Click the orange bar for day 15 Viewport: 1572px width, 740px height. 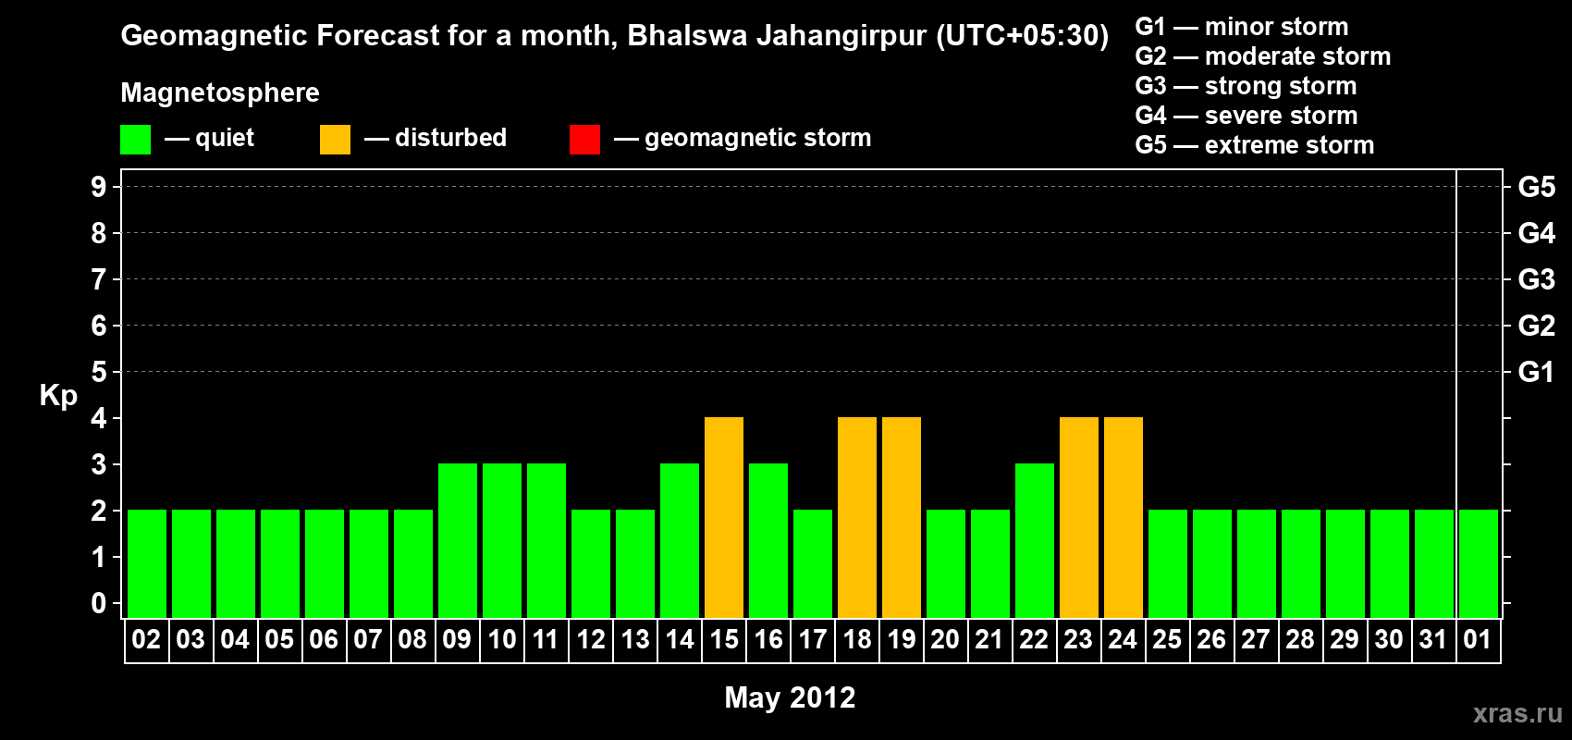click(x=724, y=517)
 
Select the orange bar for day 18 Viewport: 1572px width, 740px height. click(x=857, y=517)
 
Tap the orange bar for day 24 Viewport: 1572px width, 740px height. click(x=1124, y=517)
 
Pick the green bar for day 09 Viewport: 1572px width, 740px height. click(x=458, y=540)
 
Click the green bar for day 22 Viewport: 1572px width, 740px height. click(x=1035, y=540)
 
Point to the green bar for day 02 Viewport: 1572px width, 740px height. click(x=147, y=563)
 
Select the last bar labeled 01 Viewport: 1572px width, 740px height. click(x=1479, y=563)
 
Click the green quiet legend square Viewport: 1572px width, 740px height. click(x=135, y=140)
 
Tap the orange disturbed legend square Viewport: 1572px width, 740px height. click(x=335, y=140)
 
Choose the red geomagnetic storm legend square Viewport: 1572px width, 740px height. click(x=584, y=140)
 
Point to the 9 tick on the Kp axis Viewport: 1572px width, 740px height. click(x=99, y=187)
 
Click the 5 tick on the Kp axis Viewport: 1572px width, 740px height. click(x=99, y=372)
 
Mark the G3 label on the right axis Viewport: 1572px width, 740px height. click(x=1536, y=279)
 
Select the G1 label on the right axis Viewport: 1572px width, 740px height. click(x=1536, y=372)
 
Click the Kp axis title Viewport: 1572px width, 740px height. click(x=58, y=396)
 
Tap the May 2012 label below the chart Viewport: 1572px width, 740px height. click(x=790, y=697)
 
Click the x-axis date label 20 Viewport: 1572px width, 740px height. click(x=945, y=639)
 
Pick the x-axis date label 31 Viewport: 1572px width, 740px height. click(x=1433, y=639)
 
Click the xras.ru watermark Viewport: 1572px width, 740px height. click(x=1517, y=713)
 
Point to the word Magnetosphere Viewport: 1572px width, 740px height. click(x=220, y=92)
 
